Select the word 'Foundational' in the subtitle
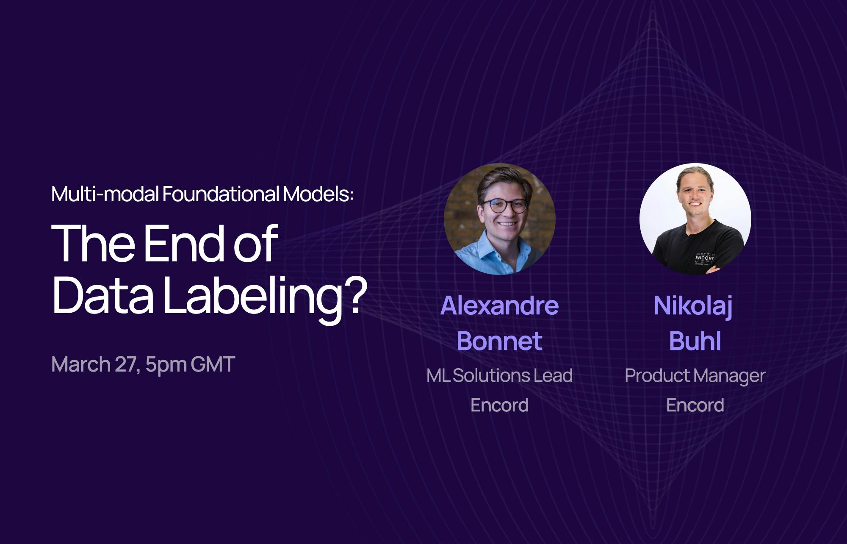point(221,194)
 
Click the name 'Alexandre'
point(500,305)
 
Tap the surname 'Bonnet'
point(500,341)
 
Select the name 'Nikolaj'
point(693,306)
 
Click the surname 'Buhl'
point(695,341)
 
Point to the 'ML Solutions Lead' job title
point(500,376)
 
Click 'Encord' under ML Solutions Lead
point(500,405)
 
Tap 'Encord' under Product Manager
point(695,405)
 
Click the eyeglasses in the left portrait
point(504,206)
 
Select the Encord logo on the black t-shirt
point(705,258)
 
